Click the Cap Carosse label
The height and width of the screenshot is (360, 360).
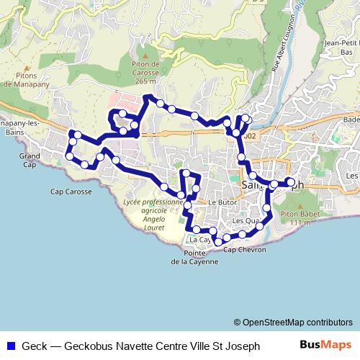[71, 192]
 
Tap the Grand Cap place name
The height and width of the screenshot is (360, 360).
[30, 160]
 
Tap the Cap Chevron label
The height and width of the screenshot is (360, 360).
[245, 251]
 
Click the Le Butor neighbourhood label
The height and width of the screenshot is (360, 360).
[222, 204]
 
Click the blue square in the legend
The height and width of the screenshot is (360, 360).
[10, 346]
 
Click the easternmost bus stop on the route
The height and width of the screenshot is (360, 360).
[289, 181]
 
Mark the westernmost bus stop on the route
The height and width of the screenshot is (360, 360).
[69, 156]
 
